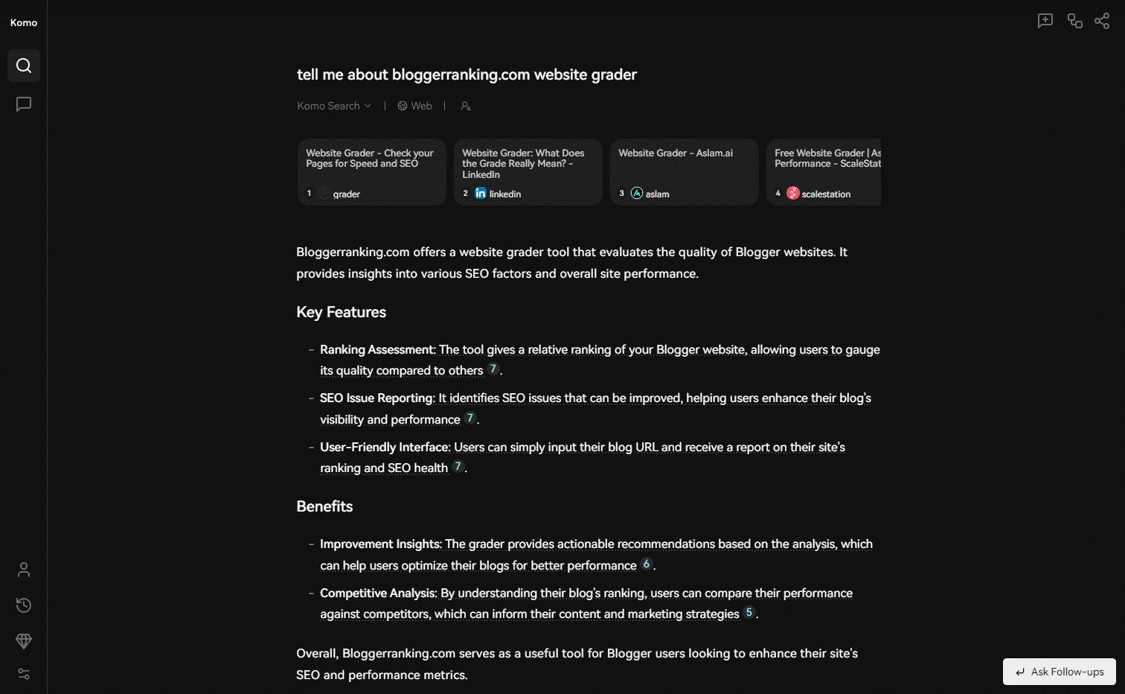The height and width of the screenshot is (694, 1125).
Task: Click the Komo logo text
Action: [24, 23]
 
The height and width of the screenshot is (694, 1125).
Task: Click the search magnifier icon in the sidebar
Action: [24, 66]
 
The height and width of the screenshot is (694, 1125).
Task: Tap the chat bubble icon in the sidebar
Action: [24, 104]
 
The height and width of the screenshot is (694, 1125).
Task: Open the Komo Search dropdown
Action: [334, 106]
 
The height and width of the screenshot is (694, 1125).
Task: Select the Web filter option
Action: [414, 106]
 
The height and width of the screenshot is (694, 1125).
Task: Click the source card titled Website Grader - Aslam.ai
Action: [684, 172]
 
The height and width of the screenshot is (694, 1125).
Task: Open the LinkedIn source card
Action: [528, 172]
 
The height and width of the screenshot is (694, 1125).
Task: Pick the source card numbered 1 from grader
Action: [371, 172]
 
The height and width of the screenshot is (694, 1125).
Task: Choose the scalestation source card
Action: [824, 172]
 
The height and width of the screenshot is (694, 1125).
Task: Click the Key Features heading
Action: [341, 312]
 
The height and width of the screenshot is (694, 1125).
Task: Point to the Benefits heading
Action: [324, 506]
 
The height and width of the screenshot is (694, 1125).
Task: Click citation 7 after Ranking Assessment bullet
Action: [493, 369]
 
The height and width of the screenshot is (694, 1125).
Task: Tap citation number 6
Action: [646, 564]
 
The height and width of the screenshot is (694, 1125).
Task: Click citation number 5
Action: [749, 613]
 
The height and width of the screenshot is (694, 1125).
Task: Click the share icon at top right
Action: [1102, 21]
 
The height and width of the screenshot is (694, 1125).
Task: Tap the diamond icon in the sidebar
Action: [24, 640]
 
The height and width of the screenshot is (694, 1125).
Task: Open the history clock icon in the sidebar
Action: [24, 605]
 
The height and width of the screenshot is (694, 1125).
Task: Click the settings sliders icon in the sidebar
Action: [24, 674]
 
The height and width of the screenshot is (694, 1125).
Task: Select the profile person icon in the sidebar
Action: [24, 570]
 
